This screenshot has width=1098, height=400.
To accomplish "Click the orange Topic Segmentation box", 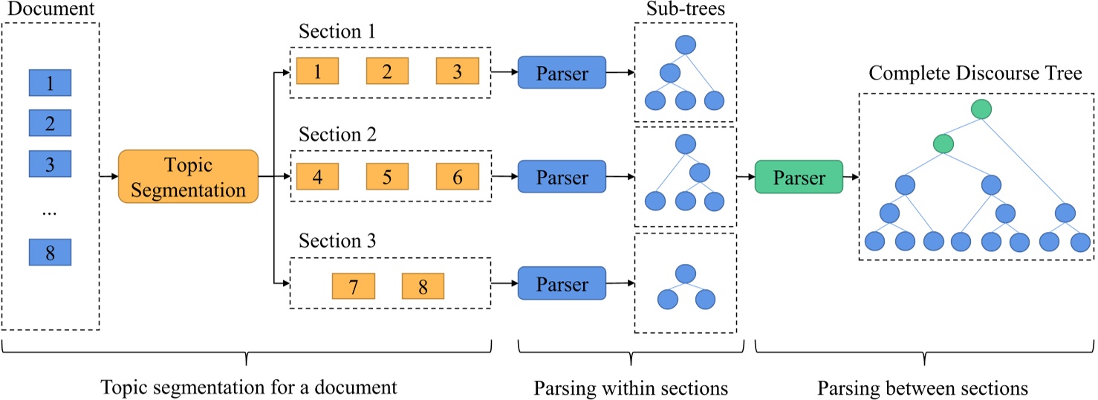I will [x=187, y=178].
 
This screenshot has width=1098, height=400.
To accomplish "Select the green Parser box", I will [x=798, y=177].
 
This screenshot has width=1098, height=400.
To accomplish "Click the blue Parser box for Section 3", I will [x=562, y=285].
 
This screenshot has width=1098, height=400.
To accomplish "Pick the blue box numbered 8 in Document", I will [x=51, y=252].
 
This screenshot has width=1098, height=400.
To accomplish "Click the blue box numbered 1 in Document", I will [x=51, y=83].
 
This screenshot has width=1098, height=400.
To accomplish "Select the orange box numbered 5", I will [x=387, y=178].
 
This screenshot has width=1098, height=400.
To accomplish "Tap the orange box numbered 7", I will [x=352, y=286].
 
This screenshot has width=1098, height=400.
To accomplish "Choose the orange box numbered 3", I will [x=458, y=71].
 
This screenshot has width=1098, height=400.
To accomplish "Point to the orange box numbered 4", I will [x=317, y=178].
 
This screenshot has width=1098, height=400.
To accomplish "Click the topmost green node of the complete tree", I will [x=981, y=109].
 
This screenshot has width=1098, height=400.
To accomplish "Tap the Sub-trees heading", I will [x=685, y=10].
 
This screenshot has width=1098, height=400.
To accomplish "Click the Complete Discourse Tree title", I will [x=976, y=74].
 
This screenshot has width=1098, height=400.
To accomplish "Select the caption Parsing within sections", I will [x=630, y=387].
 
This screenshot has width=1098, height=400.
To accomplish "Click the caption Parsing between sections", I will [x=924, y=387].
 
